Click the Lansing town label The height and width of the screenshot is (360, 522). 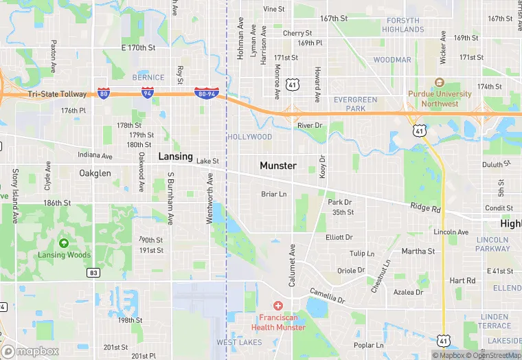[x=176, y=157]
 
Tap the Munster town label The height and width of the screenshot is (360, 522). [x=278, y=166]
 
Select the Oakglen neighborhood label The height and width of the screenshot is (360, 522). [x=95, y=173]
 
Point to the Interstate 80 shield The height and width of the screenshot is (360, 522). [x=103, y=93]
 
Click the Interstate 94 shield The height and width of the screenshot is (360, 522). [x=148, y=93]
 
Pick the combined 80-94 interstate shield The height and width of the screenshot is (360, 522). [x=206, y=93]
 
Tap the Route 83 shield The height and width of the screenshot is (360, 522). [x=93, y=273]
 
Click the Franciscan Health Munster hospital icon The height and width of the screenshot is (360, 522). [x=278, y=305]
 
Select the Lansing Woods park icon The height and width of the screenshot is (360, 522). [x=64, y=243]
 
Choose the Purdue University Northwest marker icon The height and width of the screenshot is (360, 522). [x=440, y=82]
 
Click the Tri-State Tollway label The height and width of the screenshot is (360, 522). [x=57, y=93]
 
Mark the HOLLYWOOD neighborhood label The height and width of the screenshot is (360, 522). [x=250, y=137]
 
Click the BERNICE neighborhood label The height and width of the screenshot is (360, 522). [x=148, y=78]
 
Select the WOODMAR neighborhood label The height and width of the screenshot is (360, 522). [x=392, y=60]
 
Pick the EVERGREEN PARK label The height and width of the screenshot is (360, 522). [x=355, y=104]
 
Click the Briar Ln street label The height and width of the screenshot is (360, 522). [x=274, y=194]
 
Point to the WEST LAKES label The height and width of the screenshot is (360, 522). [x=239, y=342]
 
